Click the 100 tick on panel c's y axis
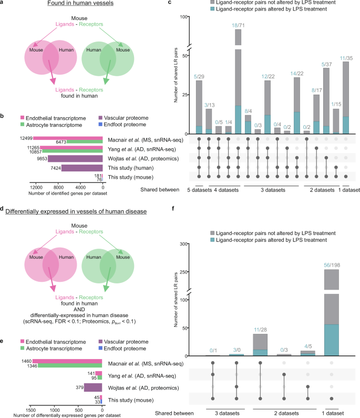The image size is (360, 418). [x=184, y=17]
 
